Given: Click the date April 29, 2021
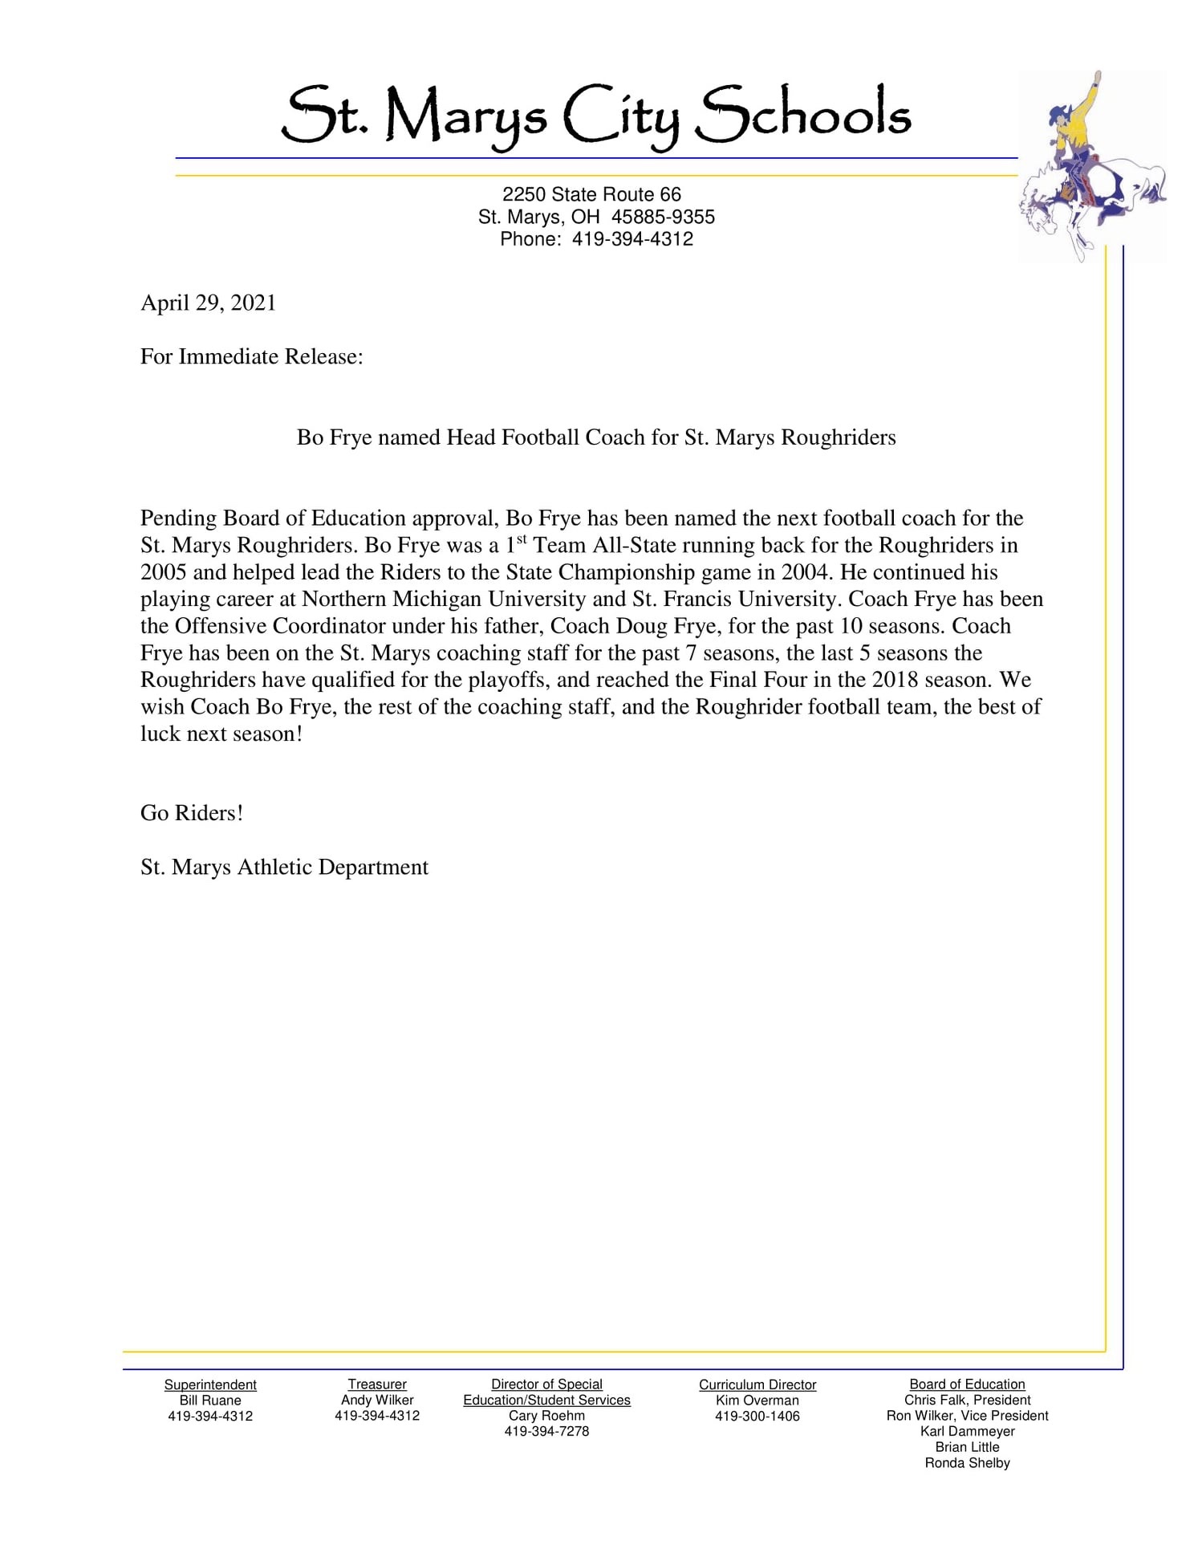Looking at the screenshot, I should (x=208, y=303).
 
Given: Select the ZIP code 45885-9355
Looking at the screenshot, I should (x=663, y=217).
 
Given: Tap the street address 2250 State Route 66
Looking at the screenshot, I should (x=591, y=194).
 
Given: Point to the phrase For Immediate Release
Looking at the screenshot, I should (x=251, y=357).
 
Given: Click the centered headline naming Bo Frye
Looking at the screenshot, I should (x=596, y=437).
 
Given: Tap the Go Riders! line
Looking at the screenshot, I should (x=192, y=813).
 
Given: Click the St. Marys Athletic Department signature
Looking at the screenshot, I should (x=284, y=868).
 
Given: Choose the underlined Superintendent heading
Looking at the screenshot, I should (x=210, y=1384).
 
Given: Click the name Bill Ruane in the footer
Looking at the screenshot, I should (x=210, y=1401).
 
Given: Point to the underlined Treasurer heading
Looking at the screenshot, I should (x=377, y=1384).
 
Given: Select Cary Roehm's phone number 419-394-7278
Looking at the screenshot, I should (x=546, y=1432).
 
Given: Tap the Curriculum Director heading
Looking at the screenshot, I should (x=757, y=1384).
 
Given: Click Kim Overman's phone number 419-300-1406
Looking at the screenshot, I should (x=757, y=1417).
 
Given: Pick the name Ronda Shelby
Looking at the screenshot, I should (x=967, y=1463).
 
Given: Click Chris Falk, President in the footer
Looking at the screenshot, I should (x=967, y=1401).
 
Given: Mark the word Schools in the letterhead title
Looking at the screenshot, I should (x=802, y=115).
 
